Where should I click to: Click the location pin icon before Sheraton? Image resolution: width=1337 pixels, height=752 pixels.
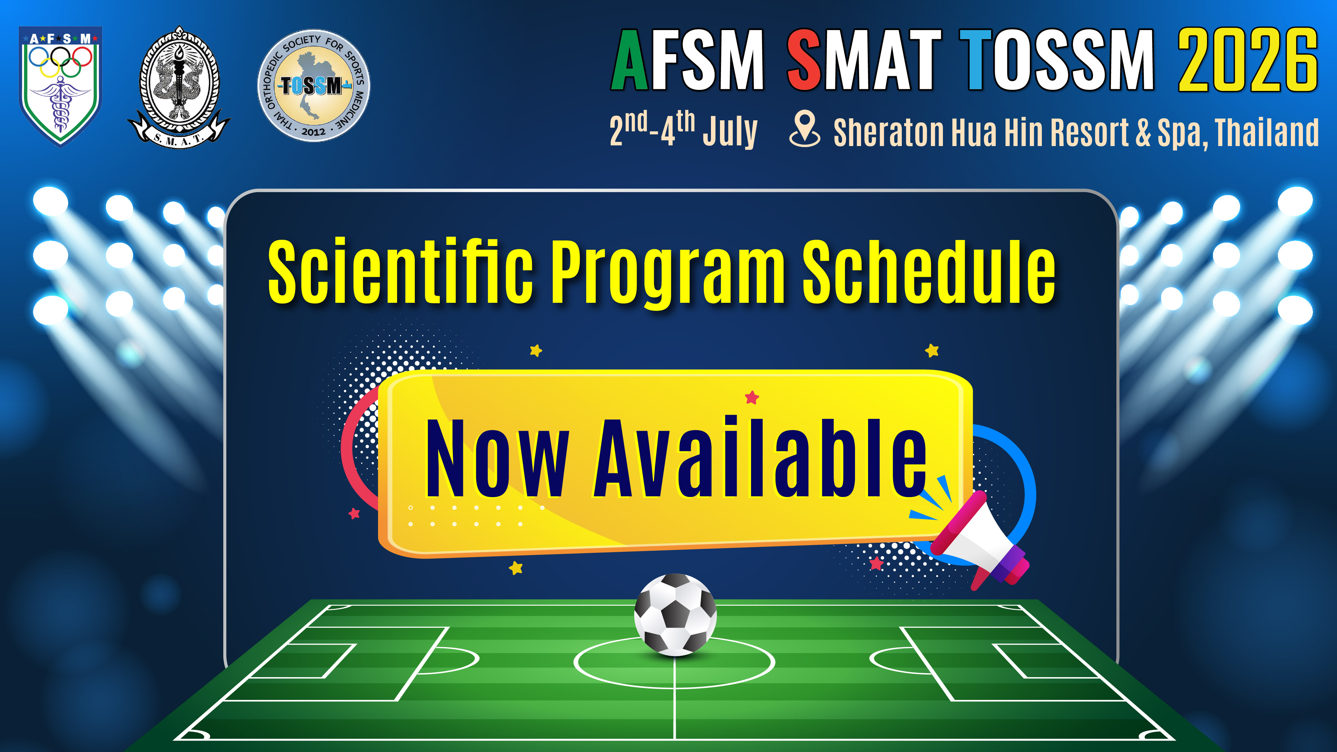point(805,129)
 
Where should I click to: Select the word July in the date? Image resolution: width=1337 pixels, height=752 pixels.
point(730,131)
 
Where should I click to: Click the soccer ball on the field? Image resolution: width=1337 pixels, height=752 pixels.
point(675,615)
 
